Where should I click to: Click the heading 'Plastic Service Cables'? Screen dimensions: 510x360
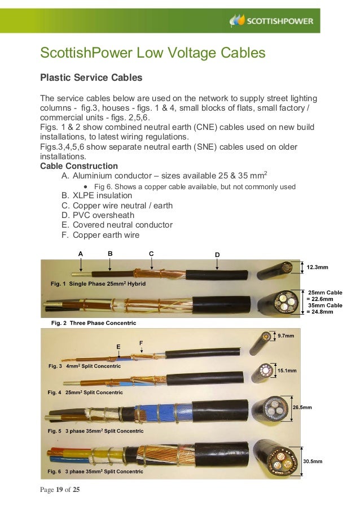point(90,77)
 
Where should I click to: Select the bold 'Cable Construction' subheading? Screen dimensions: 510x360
point(79,166)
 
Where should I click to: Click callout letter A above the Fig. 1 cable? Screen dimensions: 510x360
point(81,254)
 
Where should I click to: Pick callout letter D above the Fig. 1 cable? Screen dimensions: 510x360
point(217,255)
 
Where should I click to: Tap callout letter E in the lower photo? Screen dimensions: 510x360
point(118,346)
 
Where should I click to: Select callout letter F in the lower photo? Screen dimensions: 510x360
point(141,342)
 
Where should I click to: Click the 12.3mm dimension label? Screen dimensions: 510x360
point(317,266)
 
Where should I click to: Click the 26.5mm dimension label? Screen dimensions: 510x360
point(302,407)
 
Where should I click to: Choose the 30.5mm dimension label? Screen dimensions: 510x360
point(313,461)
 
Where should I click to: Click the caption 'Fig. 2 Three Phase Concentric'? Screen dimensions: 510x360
point(93,323)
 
